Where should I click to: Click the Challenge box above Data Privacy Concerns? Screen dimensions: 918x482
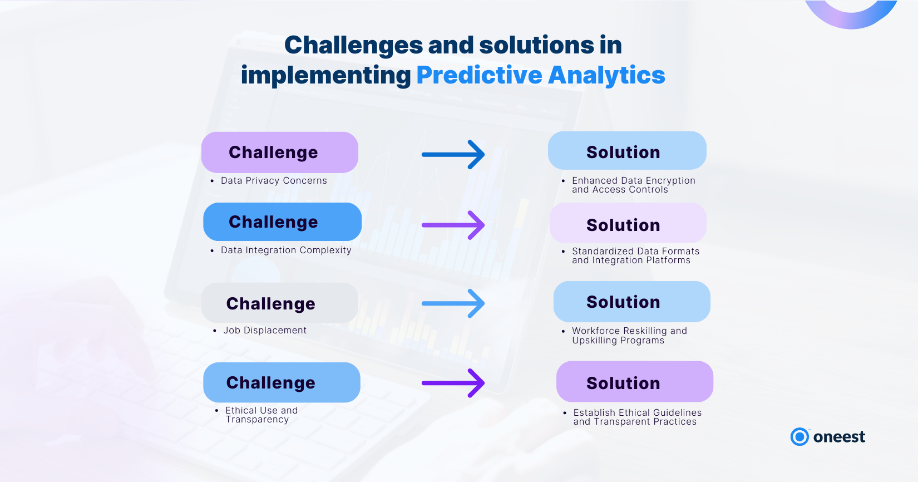279,152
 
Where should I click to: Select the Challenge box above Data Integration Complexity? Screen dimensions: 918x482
283,222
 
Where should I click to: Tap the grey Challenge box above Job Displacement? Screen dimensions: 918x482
279,303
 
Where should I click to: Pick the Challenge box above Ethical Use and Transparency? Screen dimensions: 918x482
282,382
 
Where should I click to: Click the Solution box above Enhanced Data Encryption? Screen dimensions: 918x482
627,150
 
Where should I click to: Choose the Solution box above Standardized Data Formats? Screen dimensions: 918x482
628,223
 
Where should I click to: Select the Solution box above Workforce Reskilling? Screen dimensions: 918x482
631,302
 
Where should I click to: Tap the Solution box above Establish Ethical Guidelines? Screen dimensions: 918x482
634,382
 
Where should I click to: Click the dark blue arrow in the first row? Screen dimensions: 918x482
453,155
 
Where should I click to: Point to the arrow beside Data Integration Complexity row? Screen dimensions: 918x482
453,225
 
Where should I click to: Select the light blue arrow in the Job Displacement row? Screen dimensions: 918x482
453,303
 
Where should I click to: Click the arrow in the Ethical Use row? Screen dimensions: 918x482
453,383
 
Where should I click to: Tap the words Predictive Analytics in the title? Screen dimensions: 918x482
541,75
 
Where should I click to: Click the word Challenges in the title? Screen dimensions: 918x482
353,46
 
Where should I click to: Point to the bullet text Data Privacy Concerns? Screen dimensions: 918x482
274,181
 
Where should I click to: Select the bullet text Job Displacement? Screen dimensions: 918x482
265,331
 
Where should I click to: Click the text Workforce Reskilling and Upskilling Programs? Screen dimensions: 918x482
629,336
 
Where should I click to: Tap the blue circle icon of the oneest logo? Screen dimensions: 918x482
799,437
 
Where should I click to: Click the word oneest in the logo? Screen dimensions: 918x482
840,437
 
